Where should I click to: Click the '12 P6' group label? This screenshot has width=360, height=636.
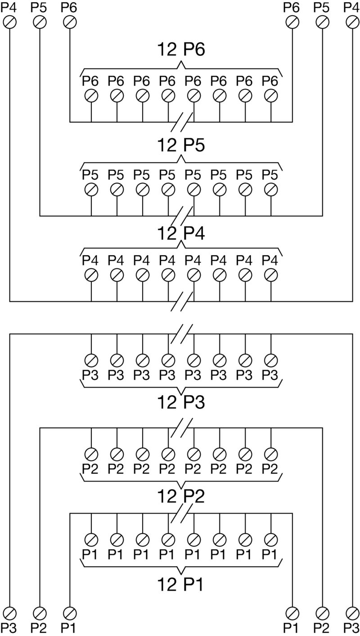(x=181, y=50)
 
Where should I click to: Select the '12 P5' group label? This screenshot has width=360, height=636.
(x=181, y=145)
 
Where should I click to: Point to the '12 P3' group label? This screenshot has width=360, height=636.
(x=181, y=403)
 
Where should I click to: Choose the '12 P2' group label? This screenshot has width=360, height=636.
(x=181, y=496)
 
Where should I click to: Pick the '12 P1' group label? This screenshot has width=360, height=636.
(x=181, y=585)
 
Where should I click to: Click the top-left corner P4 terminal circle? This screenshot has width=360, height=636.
(x=9, y=22)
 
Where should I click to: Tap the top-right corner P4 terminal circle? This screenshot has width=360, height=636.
(x=352, y=22)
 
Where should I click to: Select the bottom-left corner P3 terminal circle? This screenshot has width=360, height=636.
(x=9, y=613)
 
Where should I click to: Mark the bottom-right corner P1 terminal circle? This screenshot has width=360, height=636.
(x=292, y=613)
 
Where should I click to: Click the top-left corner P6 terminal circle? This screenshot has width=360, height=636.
(x=69, y=22)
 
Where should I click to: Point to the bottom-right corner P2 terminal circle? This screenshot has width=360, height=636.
(x=322, y=613)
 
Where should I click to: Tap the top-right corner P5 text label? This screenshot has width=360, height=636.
(x=322, y=8)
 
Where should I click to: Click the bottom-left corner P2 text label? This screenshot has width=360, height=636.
(x=39, y=627)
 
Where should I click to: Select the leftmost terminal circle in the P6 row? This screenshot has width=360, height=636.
(x=91, y=95)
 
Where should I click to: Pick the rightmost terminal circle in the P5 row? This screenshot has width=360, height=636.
(x=271, y=189)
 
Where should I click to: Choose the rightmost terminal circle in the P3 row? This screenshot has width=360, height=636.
(x=271, y=360)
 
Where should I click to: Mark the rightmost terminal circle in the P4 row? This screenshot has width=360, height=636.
(x=271, y=275)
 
